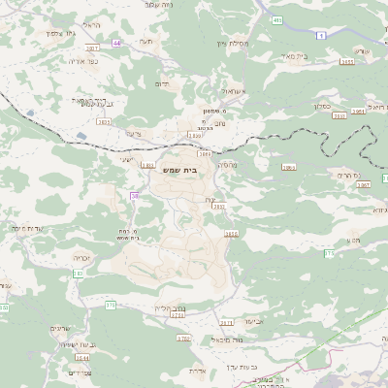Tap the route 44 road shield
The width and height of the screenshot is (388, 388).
tap(117, 43)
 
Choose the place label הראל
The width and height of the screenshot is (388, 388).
tap(91, 24)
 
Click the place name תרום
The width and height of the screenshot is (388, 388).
tap(163, 84)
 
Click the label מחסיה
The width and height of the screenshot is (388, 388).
tap(229, 165)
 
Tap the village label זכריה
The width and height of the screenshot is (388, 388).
tap(81, 258)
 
